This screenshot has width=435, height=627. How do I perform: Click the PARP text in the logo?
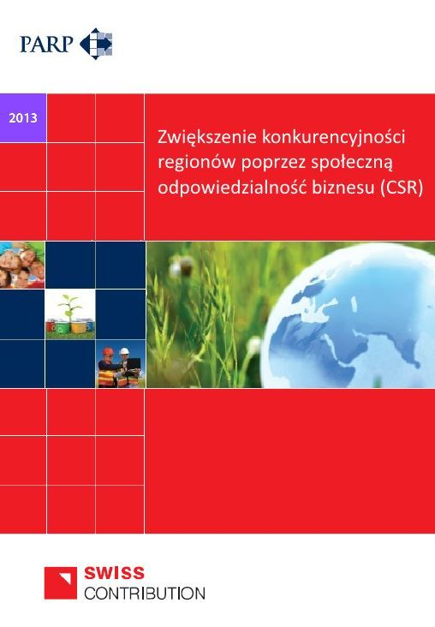click(x=47, y=42)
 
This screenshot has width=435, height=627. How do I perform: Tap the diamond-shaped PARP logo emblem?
click(x=96, y=43)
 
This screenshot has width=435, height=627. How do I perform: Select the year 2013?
click(x=23, y=117)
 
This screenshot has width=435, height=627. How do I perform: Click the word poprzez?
click(x=262, y=163)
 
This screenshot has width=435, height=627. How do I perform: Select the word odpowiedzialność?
click(x=230, y=188)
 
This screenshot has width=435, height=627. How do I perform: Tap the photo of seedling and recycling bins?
click(x=70, y=315)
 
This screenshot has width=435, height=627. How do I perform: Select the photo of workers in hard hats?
click(x=120, y=365)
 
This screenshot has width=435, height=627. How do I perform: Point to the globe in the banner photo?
click(x=360, y=317)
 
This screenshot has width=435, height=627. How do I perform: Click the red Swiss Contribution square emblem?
click(x=61, y=582)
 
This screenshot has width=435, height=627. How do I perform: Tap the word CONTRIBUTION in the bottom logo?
click(x=145, y=592)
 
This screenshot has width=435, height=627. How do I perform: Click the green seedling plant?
click(x=70, y=305)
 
